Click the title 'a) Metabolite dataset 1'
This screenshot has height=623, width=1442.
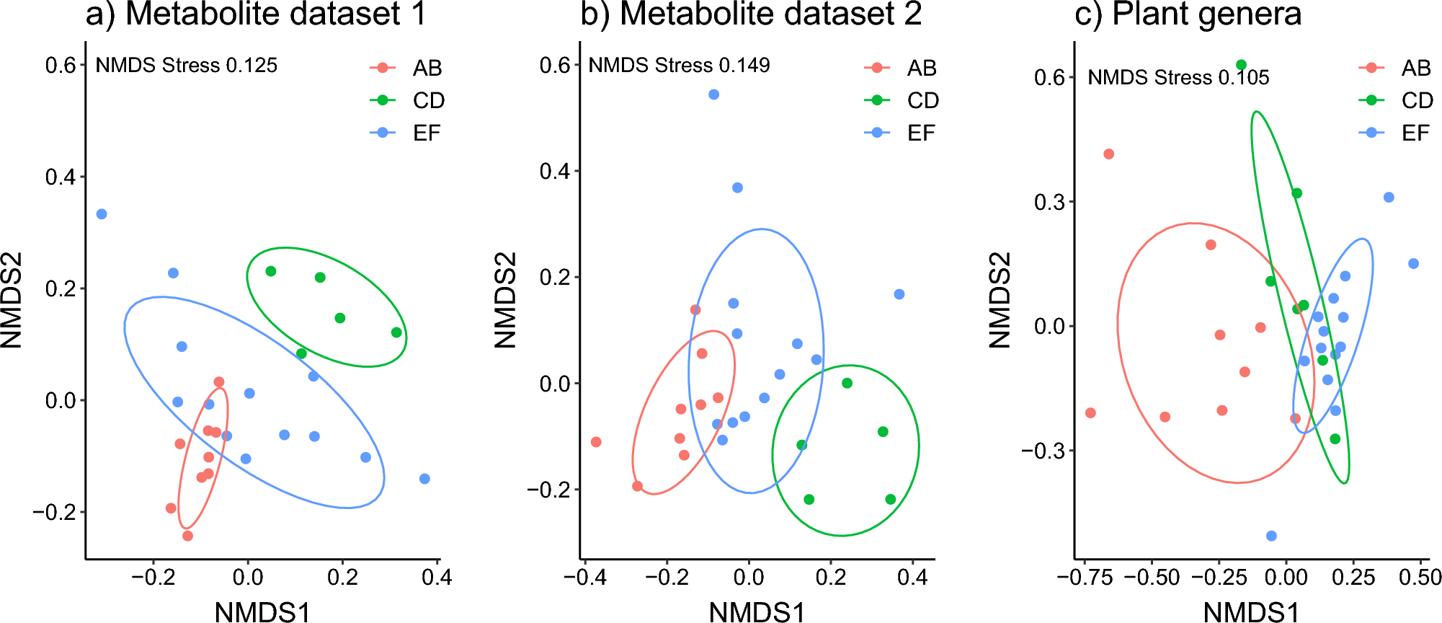(x=256, y=14)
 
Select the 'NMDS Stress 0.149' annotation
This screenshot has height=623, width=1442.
(x=679, y=66)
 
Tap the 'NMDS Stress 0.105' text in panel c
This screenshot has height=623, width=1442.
(x=1178, y=77)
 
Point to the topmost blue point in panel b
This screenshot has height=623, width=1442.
(x=713, y=94)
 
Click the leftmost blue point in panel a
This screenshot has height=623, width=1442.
(x=102, y=214)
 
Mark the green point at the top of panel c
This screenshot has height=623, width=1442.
(x=1241, y=65)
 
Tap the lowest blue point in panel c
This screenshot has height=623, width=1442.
(x=1271, y=536)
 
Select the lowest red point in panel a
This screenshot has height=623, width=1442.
(x=187, y=536)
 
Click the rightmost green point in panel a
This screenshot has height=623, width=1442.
(x=396, y=332)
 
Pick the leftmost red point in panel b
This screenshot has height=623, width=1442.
(x=596, y=442)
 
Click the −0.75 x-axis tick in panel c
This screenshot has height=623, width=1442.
(x=1084, y=578)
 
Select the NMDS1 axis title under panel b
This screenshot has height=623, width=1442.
(x=757, y=611)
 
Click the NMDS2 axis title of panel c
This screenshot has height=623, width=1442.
(x=1000, y=300)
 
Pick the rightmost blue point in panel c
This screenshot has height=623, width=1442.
(x=1413, y=264)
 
